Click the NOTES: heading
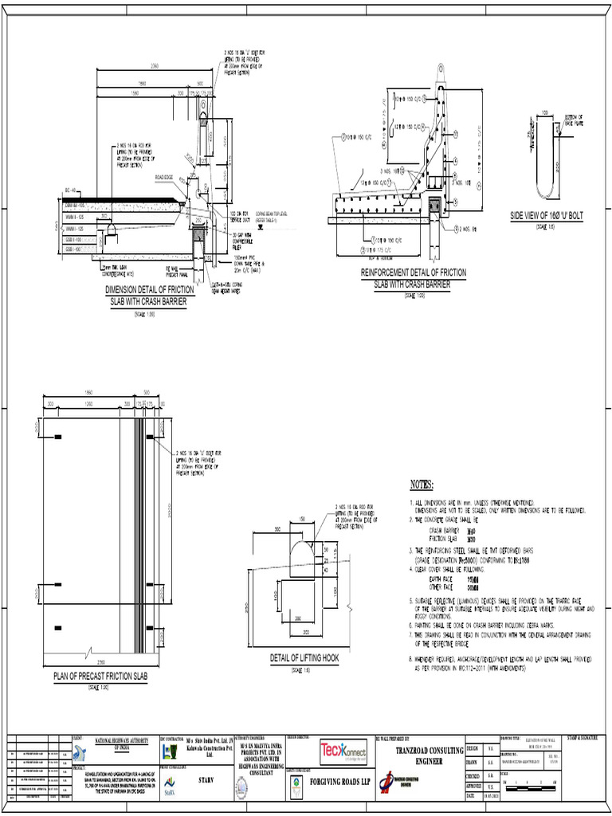pos(421,484)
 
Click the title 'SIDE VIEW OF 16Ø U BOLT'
pos(547,216)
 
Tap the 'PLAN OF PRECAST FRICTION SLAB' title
pos(100,677)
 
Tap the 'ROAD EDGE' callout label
pos(164,176)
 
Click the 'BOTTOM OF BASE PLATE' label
pos(574,120)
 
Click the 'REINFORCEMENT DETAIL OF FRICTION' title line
pos(414,273)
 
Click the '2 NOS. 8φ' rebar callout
pos(467,229)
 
